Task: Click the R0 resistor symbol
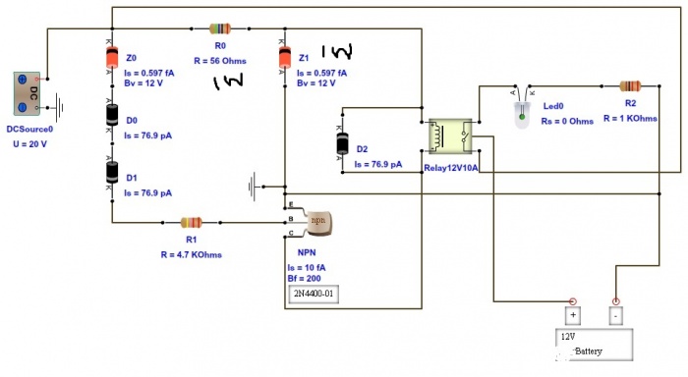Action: pos(220,29)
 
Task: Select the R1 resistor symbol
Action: pos(192,223)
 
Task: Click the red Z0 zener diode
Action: pos(111,60)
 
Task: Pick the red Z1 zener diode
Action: pos(284,60)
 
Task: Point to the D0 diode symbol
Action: pos(111,116)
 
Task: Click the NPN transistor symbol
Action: pos(316,221)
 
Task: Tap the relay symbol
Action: pos(449,136)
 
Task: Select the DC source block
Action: pos(26,96)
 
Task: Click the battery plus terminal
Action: pos(571,315)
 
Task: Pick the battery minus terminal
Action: pos(616,315)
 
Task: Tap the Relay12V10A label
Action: pos(450,168)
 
